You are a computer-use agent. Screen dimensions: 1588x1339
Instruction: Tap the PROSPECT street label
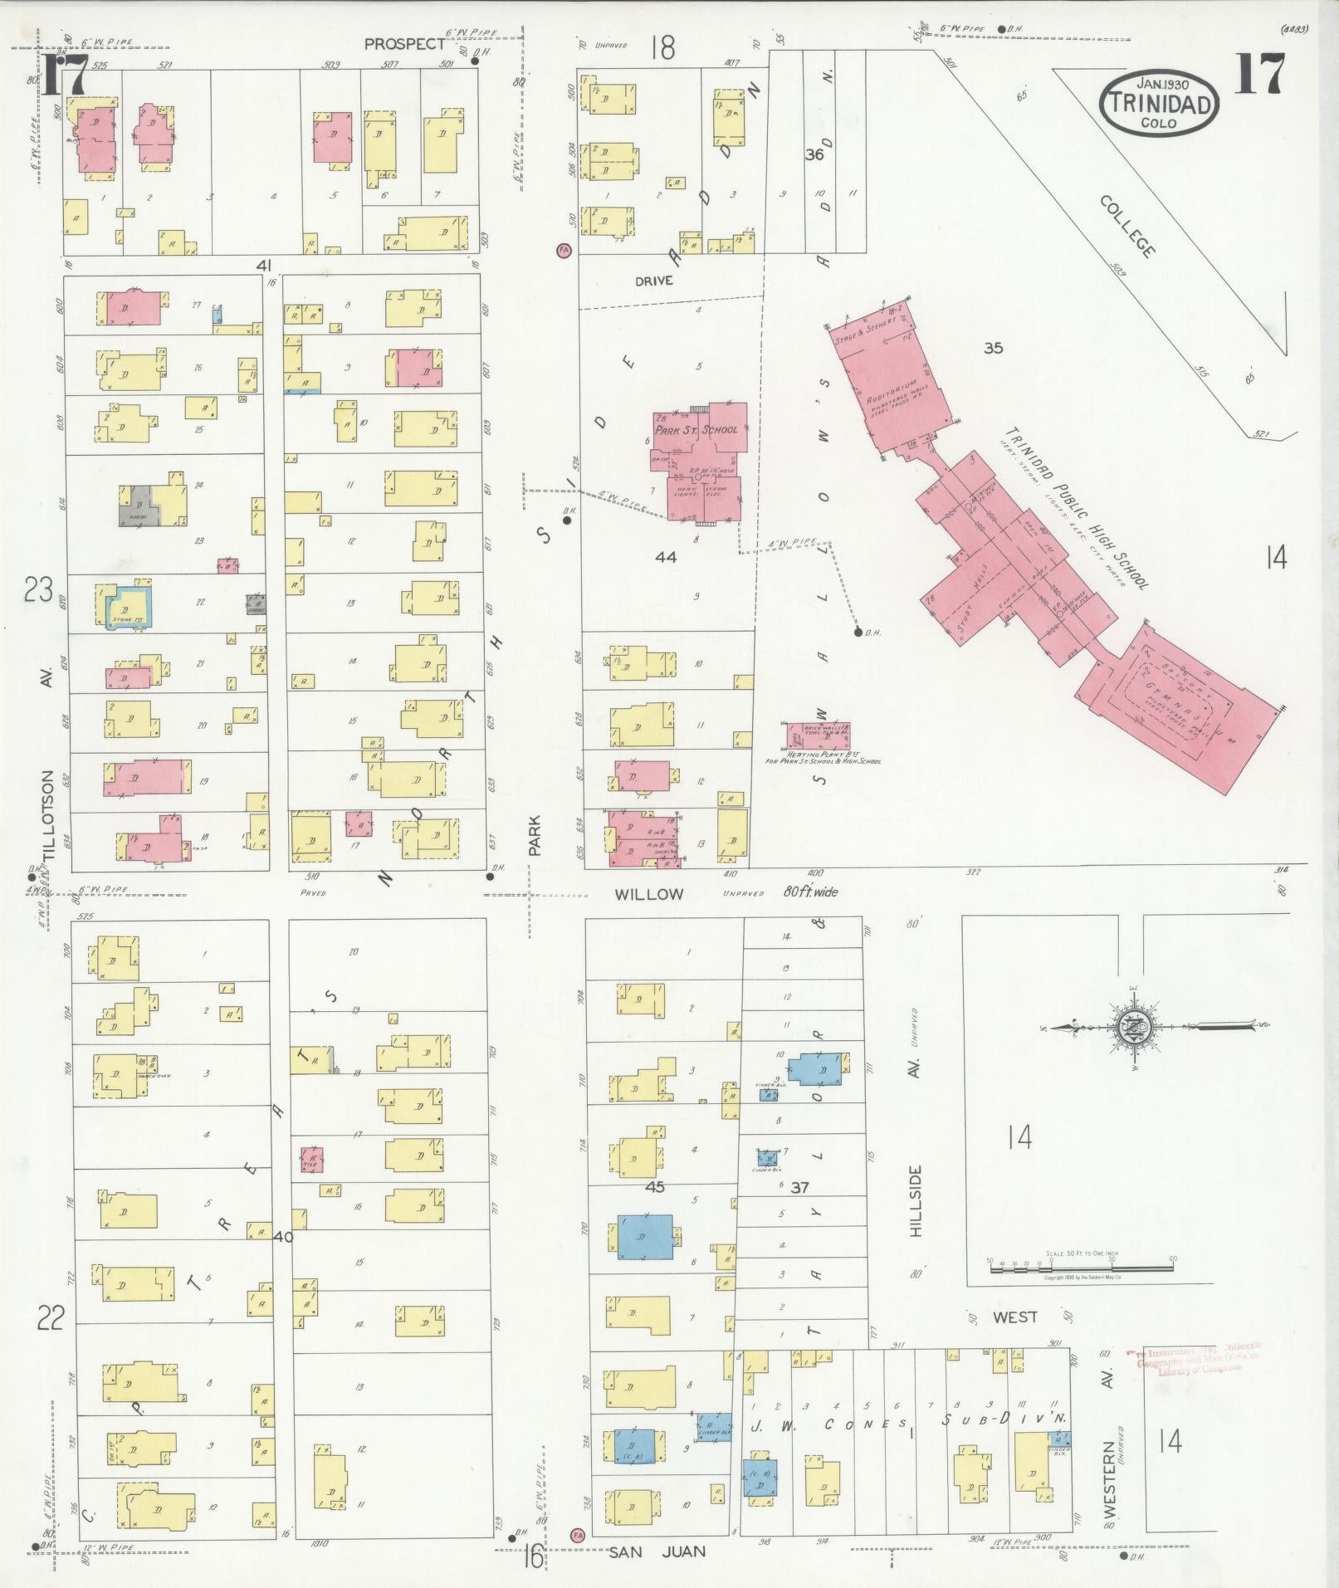pyautogui.click(x=404, y=45)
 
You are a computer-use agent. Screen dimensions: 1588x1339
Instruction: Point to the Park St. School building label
pyautogui.click(x=696, y=430)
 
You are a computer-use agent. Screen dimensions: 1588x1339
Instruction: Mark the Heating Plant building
pyautogui.click(x=818, y=736)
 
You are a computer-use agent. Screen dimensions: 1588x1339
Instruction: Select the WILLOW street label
pyautogui.click(x=648, y=894)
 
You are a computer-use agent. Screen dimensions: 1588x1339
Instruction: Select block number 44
pyautogui.click(x=665, y=557)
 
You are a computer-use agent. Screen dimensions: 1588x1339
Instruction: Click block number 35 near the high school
pyautogui.click(x=993, y=348)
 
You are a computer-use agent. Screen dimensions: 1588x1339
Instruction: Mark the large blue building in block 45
pyautogui.click(x=644, y=1236)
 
